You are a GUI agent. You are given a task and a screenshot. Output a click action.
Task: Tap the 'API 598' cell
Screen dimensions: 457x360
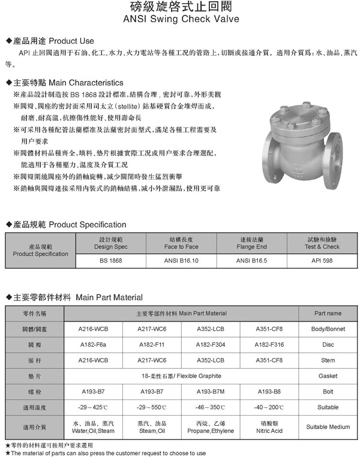click(x=322, y=262)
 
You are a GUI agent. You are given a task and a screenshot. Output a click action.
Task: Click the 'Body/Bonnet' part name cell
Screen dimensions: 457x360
click(x=328, y=329)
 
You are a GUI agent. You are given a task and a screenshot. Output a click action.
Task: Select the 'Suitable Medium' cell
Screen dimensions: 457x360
click(x=328, y=427)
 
